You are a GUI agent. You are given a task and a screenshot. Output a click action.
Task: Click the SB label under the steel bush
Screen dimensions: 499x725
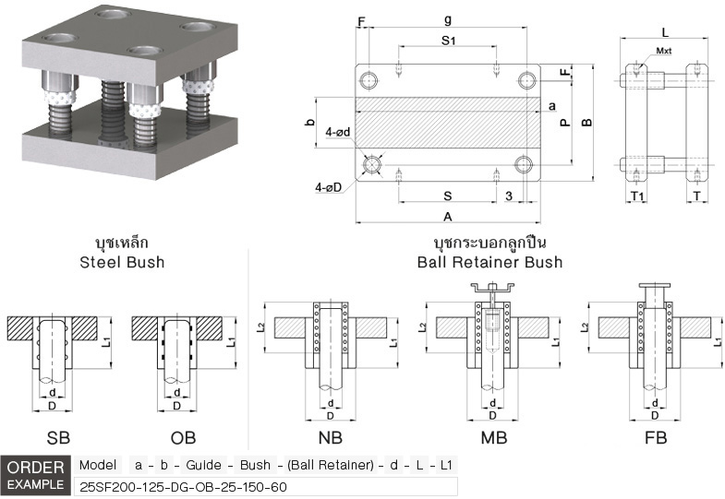[57, 438]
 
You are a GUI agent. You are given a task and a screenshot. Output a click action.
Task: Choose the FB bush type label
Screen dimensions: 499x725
[655, 438]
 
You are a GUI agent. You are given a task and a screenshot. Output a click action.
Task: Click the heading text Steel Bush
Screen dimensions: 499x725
[123, 262]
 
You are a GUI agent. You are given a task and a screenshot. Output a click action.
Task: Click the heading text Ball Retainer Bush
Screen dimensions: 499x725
[489, 262]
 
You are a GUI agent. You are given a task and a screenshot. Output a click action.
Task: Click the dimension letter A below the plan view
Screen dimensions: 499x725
[447, 217]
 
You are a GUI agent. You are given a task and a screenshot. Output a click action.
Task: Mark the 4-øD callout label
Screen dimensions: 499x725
[328, 187]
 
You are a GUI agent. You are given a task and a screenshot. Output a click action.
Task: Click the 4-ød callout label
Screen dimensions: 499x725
[337, 133]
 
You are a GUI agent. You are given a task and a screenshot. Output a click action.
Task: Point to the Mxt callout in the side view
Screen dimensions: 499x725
[664, 52]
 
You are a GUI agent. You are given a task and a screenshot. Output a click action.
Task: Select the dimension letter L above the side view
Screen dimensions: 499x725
[665, 32]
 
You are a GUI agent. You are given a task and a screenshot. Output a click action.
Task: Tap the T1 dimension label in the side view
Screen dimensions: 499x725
[637, 196]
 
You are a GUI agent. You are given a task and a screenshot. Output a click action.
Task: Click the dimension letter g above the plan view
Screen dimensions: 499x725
[447, 18]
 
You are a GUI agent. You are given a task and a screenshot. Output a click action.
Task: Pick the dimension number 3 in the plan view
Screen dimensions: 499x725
[509, 196]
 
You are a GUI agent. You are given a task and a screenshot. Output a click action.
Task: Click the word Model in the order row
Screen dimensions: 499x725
[98, 466]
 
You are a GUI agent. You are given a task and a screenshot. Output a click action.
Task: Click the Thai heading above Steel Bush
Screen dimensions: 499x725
[122, 244]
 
